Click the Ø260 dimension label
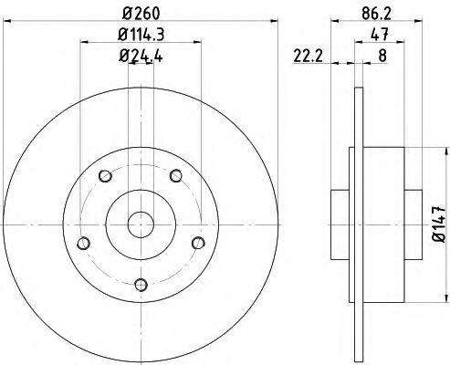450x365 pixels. pyautogui.click(x=141, y=14)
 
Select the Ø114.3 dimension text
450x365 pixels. pyautogui.click(x=141, y=35)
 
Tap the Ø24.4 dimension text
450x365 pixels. pyautogui.click(x=141, y=56)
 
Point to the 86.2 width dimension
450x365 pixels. pyautogui.click(x=376, y=14)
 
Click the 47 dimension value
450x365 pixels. pyautogui.click(x=380, y=34)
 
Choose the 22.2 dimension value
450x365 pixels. pyautogui.click(x=308, y=56)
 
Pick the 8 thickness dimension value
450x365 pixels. pyautogui.click(x=382, y=56)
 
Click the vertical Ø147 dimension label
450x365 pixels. pyautogui.click(x=439, y=224)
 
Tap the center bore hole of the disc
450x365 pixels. pyautogui.click(x=141, y=224)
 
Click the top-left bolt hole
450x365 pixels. pyautogui.click(x=105, y=176)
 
